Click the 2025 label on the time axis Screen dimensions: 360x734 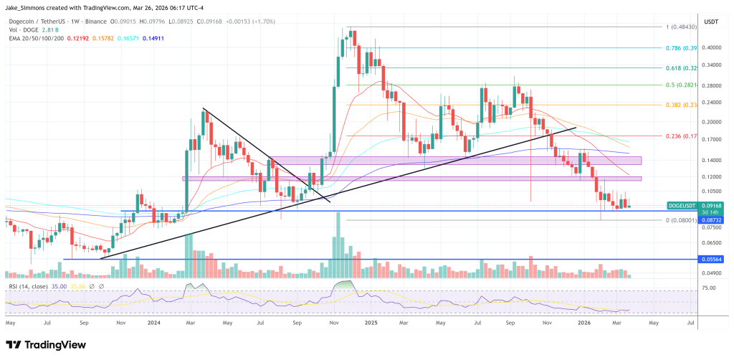coord(371,323)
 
